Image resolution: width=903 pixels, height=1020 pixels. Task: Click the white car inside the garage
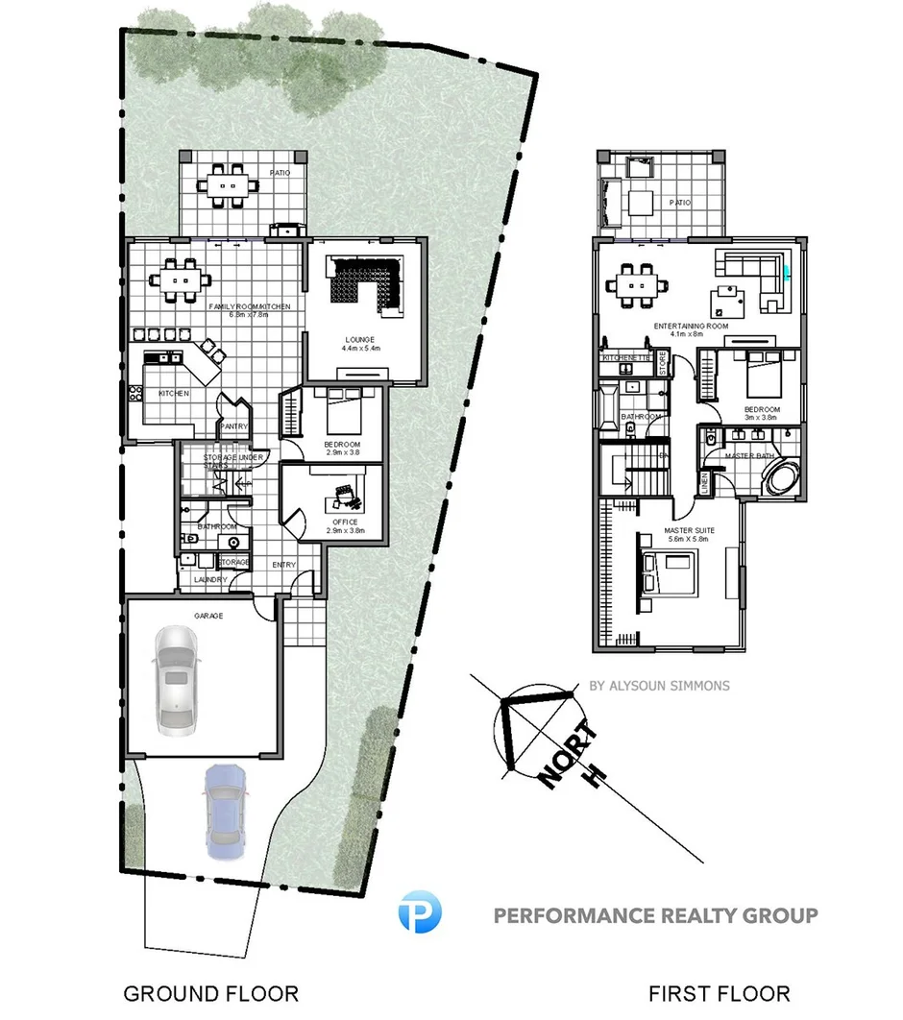point(175,678)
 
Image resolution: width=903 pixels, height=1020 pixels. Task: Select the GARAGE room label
point(208,616)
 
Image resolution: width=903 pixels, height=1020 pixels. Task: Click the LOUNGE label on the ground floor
point(361,339)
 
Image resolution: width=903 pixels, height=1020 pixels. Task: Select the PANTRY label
point(234,425)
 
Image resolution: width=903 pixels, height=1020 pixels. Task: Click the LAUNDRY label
point(210,579)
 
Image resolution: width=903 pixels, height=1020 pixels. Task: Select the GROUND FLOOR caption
point(210,993)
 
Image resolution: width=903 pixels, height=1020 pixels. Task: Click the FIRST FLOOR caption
point(720,993)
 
